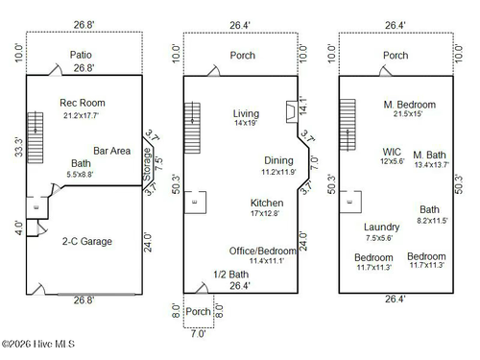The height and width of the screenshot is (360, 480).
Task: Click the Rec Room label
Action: tap(83, 103)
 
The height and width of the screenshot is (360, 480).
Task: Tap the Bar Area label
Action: tap(111, 151)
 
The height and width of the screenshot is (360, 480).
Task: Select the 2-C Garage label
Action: tap(84, 241)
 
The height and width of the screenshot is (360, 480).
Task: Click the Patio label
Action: tap(82, 55)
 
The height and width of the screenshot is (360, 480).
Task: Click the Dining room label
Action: tap(279, 160)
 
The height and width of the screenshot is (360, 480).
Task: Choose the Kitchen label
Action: tap(267, 204)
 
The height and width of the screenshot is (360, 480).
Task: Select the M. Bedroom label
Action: tap(410, 104)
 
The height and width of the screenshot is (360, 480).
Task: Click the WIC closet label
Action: tap(392, 151)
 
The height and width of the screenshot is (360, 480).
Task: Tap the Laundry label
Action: tap(381, 227)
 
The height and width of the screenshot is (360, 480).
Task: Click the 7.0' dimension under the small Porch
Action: tap(198, 335)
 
